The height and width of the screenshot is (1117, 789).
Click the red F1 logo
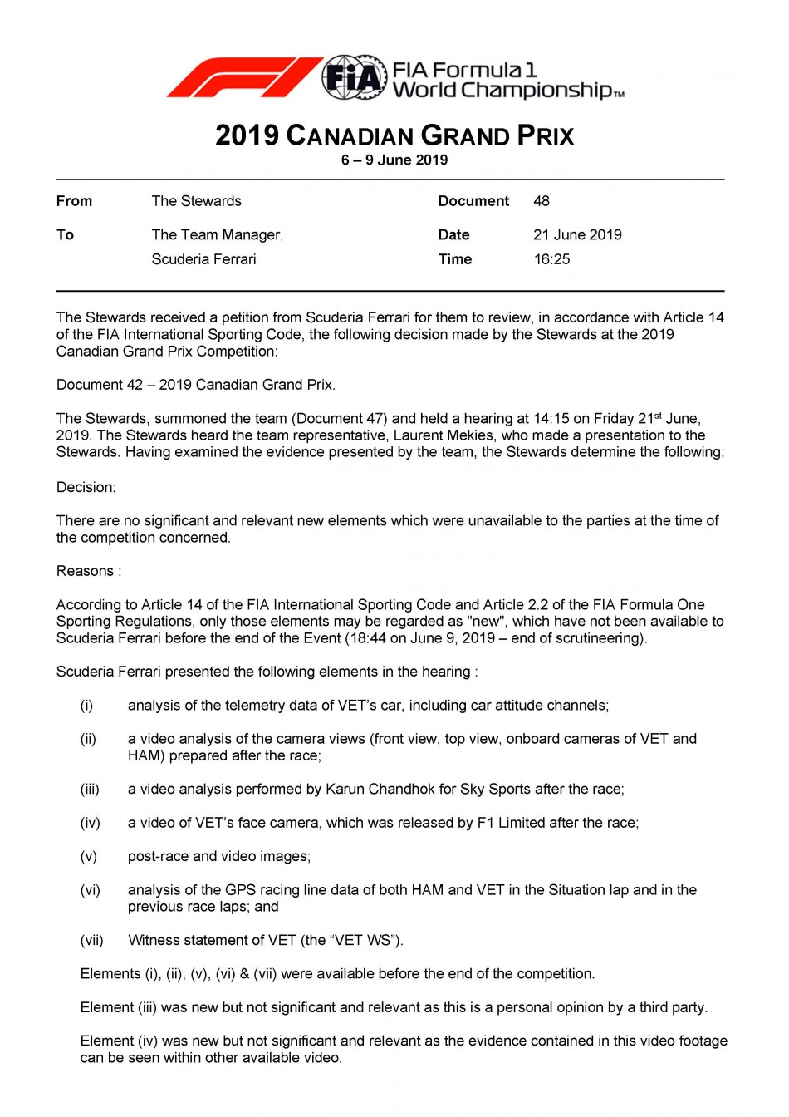click(x=243, y=77)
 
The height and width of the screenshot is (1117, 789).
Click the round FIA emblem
click(x=355, y=78)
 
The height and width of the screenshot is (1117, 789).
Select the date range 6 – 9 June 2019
click(x=394, y=160)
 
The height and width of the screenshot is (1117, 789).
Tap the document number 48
click(x=542, y=201)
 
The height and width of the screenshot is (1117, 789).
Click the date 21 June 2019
click(x=577, y=235)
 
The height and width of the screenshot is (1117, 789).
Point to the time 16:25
click(x=551, y=259)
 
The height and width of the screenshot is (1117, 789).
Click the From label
click(x=74, y=201)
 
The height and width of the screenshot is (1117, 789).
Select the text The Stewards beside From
click(x=196, y=201)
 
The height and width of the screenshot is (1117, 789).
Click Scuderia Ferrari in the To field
click(x=203, y=259)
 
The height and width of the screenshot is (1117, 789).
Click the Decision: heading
click(x=86, y=488)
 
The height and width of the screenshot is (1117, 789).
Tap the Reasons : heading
click(x=88, y=571)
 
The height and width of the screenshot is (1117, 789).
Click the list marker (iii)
click(x=90, y=790)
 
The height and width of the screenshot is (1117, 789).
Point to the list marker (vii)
click(x=92, y=941)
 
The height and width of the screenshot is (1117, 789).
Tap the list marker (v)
click(x=89, y=857)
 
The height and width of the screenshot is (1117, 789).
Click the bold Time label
click(x=455, y=259)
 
